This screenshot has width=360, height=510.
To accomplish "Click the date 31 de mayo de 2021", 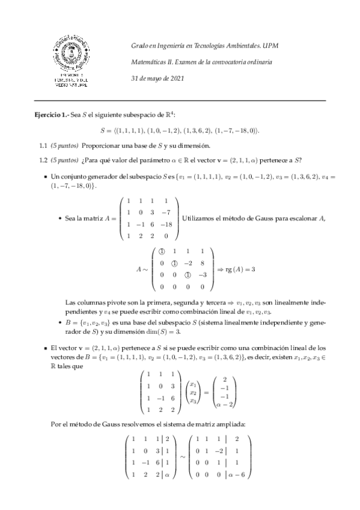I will (157, 78).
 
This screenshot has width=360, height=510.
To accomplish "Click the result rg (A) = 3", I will (242, 269).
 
